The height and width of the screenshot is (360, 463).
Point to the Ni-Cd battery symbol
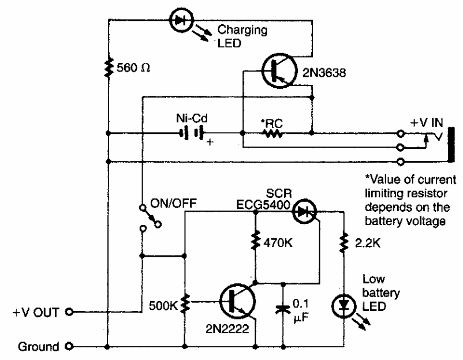[x=192, y=133]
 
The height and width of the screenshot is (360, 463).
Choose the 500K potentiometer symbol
[x=185, y=302]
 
